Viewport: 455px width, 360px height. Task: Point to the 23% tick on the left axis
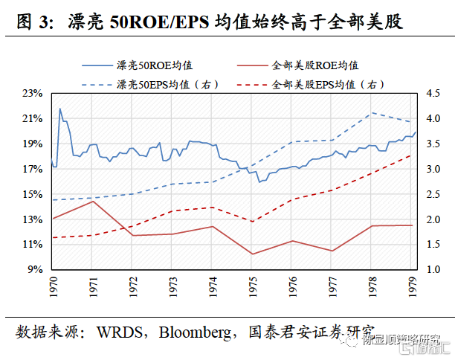[x=33, y=94]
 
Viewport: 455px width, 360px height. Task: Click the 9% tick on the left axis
[x=35, y=270]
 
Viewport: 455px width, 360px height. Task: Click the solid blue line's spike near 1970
[x=60, y=109]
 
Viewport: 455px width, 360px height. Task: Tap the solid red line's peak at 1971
[x=92, y=202]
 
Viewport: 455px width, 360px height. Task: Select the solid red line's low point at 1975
[x=253, y=254]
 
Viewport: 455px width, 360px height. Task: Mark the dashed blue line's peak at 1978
[x=372, y=113]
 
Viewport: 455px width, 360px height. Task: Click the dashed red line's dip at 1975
[x=253, y=222]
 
